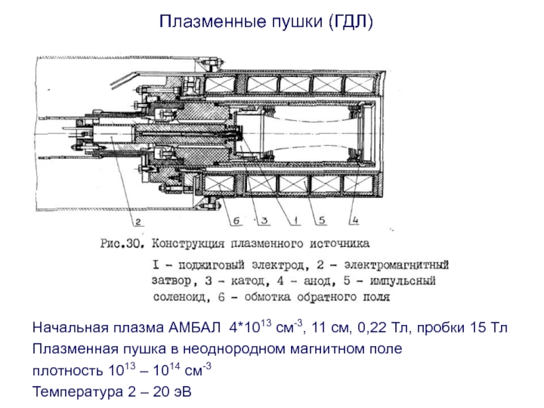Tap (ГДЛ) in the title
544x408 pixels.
350,22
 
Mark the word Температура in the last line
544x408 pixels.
70,393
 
